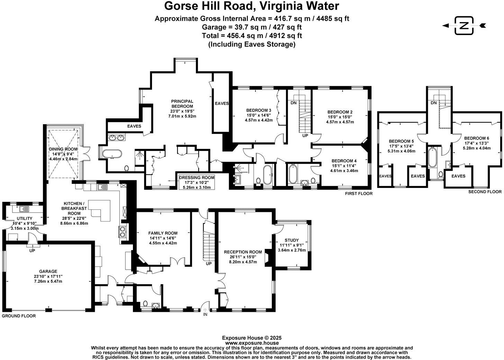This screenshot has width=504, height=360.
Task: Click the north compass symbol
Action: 464,26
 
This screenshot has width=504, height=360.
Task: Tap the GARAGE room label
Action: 48,271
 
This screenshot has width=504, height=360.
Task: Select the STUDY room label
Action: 291,240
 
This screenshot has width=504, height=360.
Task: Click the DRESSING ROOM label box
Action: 197,182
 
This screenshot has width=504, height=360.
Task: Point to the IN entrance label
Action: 205,314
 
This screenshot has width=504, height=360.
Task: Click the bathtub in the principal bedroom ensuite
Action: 112,154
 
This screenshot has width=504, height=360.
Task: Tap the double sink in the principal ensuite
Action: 117,137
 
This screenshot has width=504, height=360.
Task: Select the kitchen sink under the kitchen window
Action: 102,187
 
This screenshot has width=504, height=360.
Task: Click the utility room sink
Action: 24,209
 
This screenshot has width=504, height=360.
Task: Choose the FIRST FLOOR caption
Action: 359,193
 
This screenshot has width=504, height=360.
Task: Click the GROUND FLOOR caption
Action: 19,316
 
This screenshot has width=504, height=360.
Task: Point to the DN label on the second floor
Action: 434,103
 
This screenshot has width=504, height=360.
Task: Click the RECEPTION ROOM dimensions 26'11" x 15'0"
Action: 243,257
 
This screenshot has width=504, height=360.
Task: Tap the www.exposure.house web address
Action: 252,343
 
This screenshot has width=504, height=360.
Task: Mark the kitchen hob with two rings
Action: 123,232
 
